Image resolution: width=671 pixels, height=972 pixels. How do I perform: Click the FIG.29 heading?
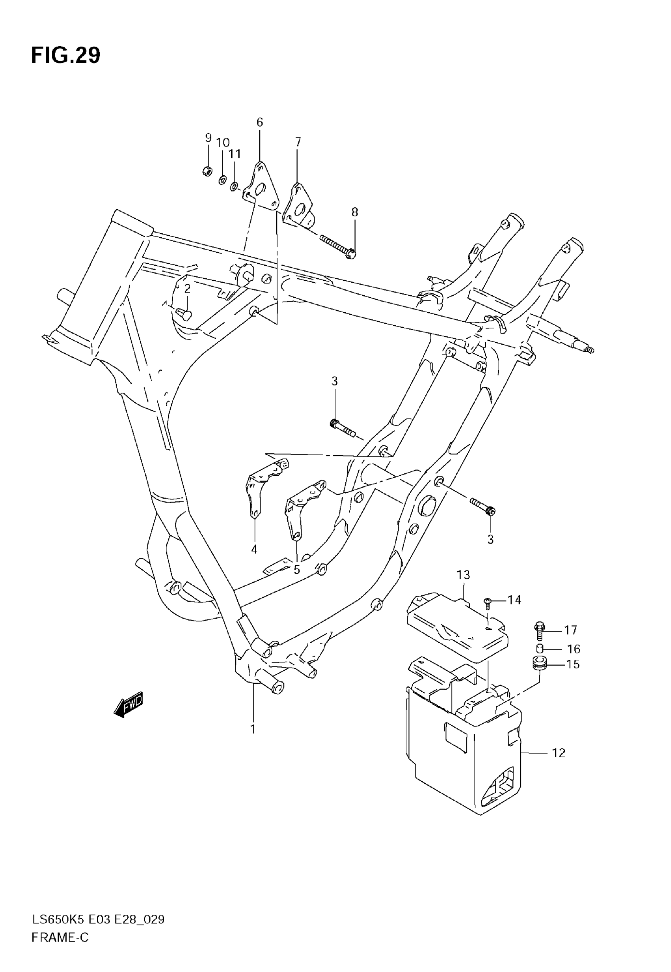pyautogui.click(x=66, y=56)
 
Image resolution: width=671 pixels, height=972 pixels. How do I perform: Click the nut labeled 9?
pyautogui.click(x=207, y=171)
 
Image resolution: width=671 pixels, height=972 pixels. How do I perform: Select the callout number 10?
pyautogui.click(x=223, y=143)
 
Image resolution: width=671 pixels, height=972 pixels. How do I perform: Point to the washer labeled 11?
pyautogui.click(x=234, y=186)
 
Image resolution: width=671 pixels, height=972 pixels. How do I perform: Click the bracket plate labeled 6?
pyautogui.click(x=262, y=188)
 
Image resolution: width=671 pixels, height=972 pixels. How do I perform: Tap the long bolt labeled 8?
pyautogui.click(x=337, y=247)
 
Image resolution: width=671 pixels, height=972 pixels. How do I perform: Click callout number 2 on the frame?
pyautogui.click(x=187, y=289)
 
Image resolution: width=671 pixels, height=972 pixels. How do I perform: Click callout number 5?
pyautogui.click(x=297, y=570)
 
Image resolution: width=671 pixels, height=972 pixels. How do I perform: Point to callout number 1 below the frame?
pyautogui.click(x=253, y=729)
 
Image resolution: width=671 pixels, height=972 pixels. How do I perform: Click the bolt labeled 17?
pyautogui.click(x=540, y=630)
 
